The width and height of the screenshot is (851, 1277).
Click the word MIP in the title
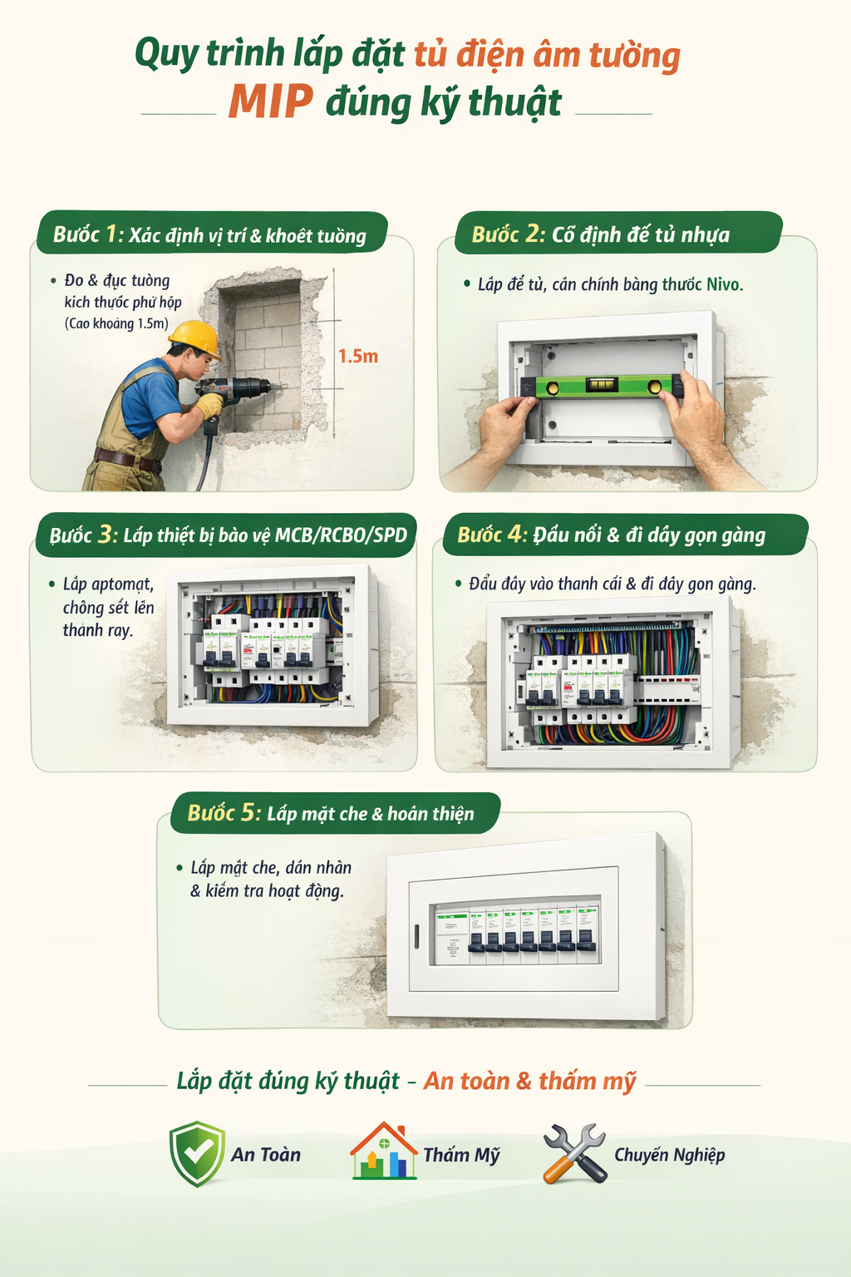(x=270, y=102)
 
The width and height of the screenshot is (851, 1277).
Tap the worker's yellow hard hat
(x=195, y=339)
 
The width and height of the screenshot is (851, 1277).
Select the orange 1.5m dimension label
(x=357, y=357)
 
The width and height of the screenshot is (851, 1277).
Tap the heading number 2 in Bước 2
(x=534, y=234)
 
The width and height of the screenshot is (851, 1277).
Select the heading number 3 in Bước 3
(x=108, y=535)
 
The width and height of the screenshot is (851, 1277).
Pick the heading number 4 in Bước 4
(x=517, y=534)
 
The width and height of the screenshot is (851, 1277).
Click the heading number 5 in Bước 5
(x=250, y=812)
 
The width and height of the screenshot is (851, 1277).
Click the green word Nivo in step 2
(x=723, y=285)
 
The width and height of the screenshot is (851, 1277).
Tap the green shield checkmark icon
(x=197, y=1154)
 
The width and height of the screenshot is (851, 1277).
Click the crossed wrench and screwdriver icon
(x=574, y=1153)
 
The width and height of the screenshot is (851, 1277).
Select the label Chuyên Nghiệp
(x=669, y=1155)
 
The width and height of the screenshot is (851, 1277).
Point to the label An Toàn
(x=266, y=1155)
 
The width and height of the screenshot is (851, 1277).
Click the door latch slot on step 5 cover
(x=416, y=936)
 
